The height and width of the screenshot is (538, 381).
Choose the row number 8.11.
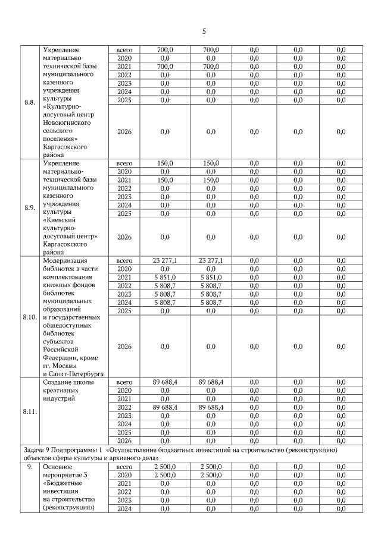(x=30, y=410)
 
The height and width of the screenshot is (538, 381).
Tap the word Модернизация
(x=65, y=260)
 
